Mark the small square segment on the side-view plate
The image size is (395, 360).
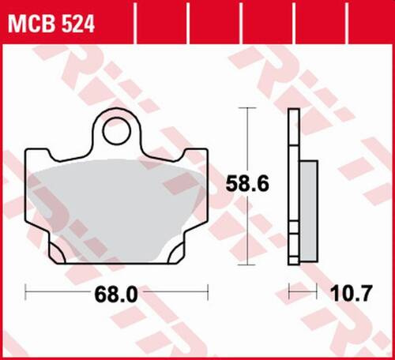pos(293,230)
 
